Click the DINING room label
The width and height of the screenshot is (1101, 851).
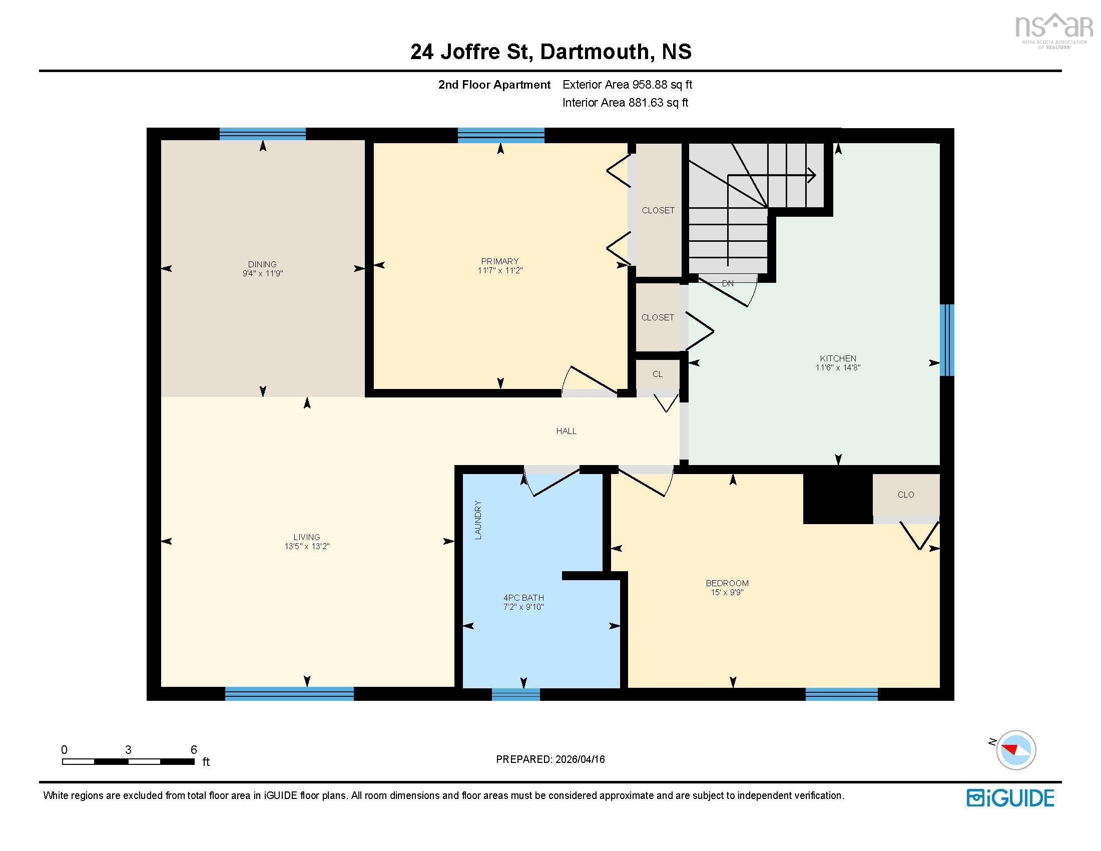(262, 264)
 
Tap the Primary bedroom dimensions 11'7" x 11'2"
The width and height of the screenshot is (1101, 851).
(499, 271)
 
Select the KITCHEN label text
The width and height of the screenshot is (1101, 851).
(838, 358)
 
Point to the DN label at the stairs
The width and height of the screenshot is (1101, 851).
(728, 284)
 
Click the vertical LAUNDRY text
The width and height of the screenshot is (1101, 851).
(478, 520)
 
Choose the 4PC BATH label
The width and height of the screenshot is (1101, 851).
(523, 598)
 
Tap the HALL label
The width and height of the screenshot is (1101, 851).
(566, 431)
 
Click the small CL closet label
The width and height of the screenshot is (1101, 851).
(658, 374)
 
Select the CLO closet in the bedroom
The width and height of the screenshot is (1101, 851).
(905, 495)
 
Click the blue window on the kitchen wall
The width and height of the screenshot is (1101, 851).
(947, 340)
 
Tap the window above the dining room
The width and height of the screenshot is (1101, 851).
(263, 134)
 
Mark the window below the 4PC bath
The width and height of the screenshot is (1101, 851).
(515, 694)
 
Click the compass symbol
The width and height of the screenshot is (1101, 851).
(1015, 750)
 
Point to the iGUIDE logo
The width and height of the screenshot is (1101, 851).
(1010, 798)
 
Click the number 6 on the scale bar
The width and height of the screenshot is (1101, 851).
(194, 750)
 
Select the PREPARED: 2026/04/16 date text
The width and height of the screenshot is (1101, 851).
(550, 759)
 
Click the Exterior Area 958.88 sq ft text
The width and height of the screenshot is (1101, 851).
(627, 85)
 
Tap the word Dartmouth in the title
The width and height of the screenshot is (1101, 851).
(594, 52)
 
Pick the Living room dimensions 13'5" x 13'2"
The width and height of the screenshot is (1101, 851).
(306, 547)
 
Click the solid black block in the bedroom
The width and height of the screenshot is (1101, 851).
(837, 497)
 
